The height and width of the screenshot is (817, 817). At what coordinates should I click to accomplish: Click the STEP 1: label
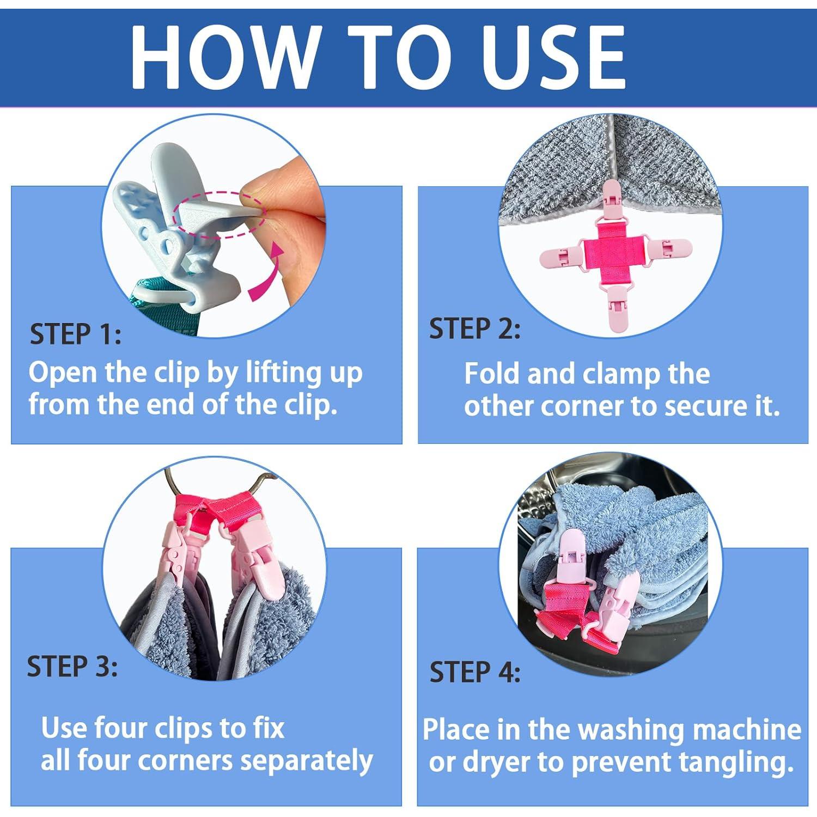coord(76,334)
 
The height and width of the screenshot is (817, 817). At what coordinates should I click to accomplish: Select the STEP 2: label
coord(474,329)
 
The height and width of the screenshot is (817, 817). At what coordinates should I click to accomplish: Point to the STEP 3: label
coord(72,666)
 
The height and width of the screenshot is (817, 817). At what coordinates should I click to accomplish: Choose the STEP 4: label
coord(475,672)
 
